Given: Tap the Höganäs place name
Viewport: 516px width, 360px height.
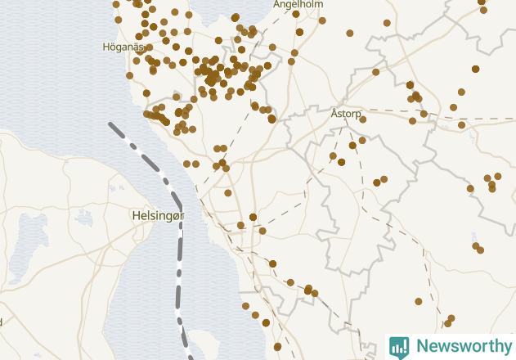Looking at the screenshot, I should (123, 47).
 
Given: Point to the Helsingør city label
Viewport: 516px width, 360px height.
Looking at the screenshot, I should (158, 215).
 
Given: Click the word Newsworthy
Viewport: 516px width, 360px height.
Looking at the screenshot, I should (462, 346).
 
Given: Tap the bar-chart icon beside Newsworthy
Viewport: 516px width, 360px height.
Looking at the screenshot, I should (399, 347).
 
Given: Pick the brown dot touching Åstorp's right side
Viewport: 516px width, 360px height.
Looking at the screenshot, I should (363, 119).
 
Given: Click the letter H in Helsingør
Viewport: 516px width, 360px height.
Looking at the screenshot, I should (136, 215).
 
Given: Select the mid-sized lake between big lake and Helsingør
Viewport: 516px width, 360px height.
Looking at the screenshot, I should (84, 218).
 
